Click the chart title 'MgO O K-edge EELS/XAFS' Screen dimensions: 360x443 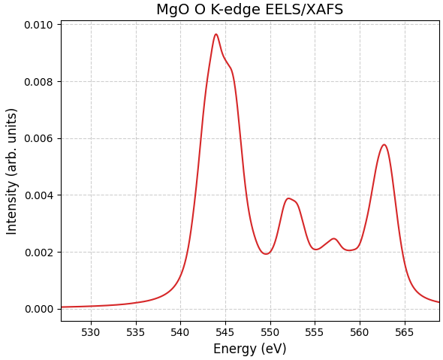pyautogui.click(x=249, y=10)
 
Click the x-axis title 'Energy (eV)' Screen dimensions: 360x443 pyautogui.click(x=249, y=349)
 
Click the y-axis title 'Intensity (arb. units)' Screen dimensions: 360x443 pyautogui.click(x=12, y=171)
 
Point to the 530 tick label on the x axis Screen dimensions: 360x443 pyautogui.click(x=91, y=332)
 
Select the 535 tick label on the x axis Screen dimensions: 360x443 pyautogui.click(x=136, y=332)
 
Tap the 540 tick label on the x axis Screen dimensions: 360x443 pyautogui.click(x=180, y=332)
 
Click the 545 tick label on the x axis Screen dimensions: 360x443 pyautogui.click(x=225, y=332)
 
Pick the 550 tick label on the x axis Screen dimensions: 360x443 pyautogui.click(x=270, y=332)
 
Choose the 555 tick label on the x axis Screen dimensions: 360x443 pyautogui.click(x=315, y=332)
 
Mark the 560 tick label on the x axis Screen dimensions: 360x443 pyautogui.click(x=360, y=332)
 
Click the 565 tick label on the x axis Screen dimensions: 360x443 pyautogui.click(x=405, y=332)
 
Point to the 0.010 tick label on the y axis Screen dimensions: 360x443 pyautogui.click(x=38, y=25)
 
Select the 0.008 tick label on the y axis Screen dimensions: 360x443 pyautogui.click(x=38, y=82)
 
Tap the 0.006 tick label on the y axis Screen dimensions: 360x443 pyautogui.click(x=38, y=138)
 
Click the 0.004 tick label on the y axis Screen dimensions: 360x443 pyautogui.click(x=38, y=195)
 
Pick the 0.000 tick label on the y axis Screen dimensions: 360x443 pyautogui.click(x=38, y=309)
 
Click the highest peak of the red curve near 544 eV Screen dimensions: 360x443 pyautogui.click(x=215, y=34)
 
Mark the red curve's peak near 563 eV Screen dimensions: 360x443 pyautogui.click(x=384, y=145)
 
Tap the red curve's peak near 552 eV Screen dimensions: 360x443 pyautogui.click(x=288, y=198)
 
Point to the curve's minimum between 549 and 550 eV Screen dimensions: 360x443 pyautogui.click(x=265, y=254)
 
